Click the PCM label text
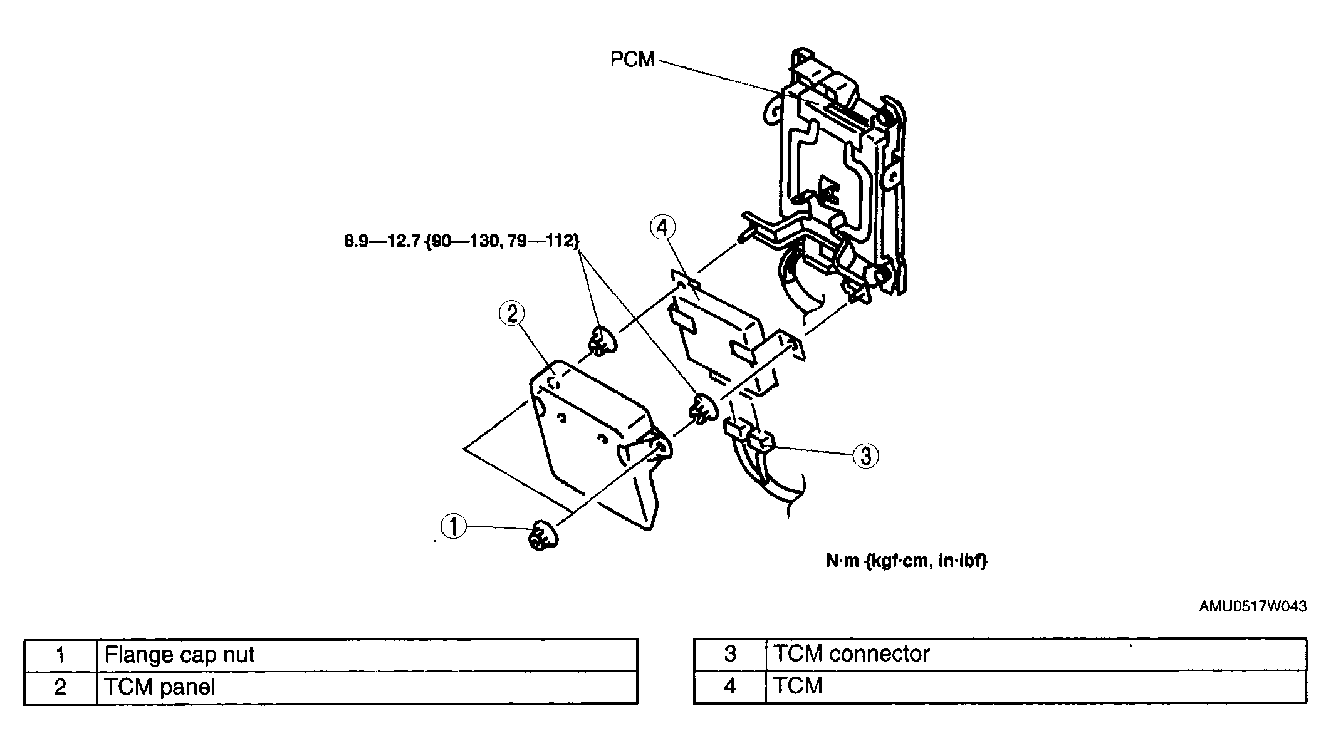click(x=632, y=60)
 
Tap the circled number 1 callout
click(x=454, y=526)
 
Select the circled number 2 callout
click(x=512, y=314)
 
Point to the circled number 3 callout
click(x=865, y=455)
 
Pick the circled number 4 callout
click(x=663, y=227)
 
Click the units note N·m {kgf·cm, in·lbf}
click(x=906, y=561)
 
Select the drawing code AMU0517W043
click(x=1253, y=606)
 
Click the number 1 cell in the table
click(x=60, y=655)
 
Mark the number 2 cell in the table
click(x=60, y=687)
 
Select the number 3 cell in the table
click(x=730, y=653)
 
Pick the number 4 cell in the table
click(x=730, y=686)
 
